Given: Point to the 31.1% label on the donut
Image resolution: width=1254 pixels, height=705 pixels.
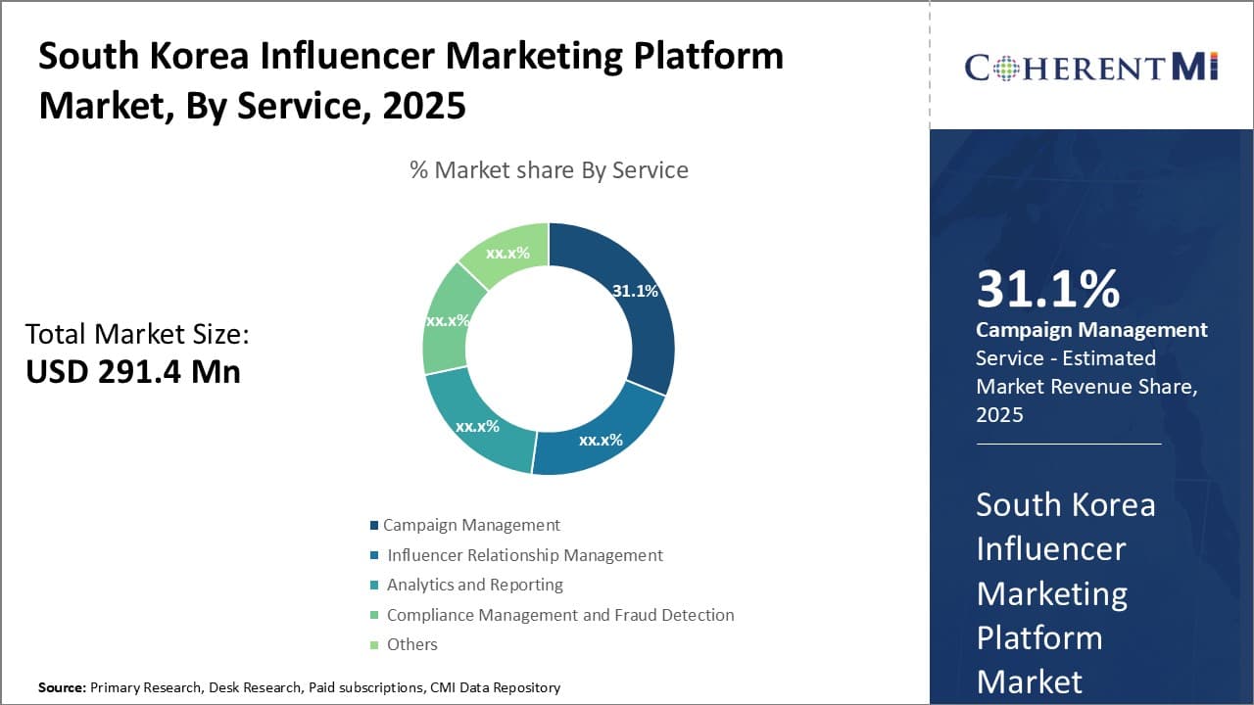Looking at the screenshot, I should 635,291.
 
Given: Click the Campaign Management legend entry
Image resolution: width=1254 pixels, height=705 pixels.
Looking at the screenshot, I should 471,525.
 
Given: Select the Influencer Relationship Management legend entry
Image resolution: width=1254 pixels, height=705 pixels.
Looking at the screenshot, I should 524,555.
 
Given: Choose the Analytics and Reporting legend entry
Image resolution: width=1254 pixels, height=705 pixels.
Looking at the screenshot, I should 474,585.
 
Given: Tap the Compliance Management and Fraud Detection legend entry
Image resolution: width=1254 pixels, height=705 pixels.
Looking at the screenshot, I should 559,615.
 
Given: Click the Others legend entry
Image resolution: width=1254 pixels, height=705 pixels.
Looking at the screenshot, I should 411,644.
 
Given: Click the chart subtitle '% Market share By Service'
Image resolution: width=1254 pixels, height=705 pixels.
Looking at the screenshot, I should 549,170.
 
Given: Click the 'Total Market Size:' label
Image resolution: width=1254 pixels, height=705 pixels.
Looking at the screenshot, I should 137,334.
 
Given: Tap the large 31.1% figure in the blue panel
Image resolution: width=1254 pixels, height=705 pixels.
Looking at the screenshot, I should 1047,290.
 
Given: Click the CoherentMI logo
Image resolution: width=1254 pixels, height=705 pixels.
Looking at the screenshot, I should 1091,67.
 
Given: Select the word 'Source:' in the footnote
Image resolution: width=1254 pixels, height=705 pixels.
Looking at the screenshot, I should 62,687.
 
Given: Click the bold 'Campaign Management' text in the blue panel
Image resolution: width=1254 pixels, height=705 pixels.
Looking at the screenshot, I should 1091,330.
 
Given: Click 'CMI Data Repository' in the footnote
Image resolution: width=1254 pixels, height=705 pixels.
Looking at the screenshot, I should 495,687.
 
